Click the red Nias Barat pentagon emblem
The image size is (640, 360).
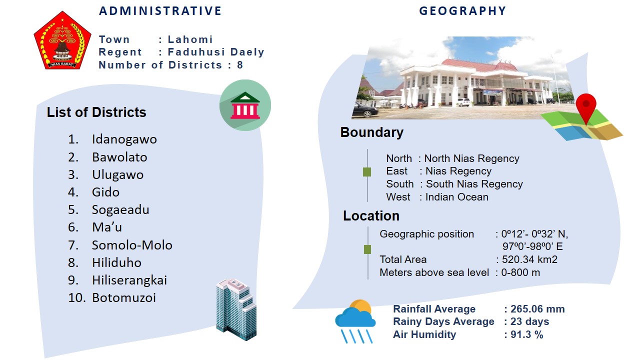(62, 40)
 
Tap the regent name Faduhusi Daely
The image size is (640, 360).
(216, 52)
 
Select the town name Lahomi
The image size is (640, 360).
(190, 39)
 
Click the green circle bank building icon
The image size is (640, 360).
(245, 105)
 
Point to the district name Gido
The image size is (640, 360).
(105, 192)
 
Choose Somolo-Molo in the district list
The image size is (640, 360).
(132, 245)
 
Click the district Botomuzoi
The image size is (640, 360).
(124, 298)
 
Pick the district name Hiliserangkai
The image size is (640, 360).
(129, 280)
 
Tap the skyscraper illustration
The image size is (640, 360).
(236, 309)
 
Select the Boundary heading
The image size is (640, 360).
(371, 132)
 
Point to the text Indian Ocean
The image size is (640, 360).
(457, 197)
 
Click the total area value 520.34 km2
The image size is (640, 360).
(529, 259)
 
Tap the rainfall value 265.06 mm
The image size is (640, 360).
(537, 309)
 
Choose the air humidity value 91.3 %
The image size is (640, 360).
(526, 334)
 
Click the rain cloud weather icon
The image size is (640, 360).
(355, 321)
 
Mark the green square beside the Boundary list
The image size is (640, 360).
(367, 172)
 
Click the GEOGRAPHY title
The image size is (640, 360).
(462, 11)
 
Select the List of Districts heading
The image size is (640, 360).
(96, 112)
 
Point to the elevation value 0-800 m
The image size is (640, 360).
(520, 272)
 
